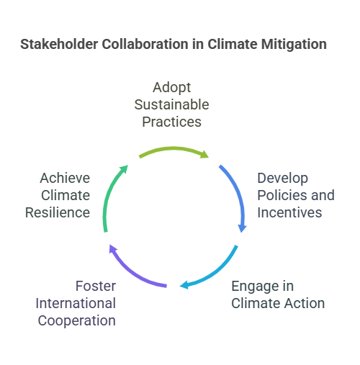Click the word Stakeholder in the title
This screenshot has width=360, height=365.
(x=60, y=45)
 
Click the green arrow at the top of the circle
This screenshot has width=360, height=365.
(x=173, y=150)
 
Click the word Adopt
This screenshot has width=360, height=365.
(x=172, y=87)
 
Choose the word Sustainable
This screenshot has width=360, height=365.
(x=172, y=104)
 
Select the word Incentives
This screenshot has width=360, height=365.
(x=290, y=212)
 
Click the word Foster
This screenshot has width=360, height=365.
(x=94, y=285)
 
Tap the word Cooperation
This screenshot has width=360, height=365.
(x=77, y=320)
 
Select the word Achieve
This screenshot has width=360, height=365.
(x=66, y=177)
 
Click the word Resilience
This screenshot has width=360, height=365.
(x=58, y=212)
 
